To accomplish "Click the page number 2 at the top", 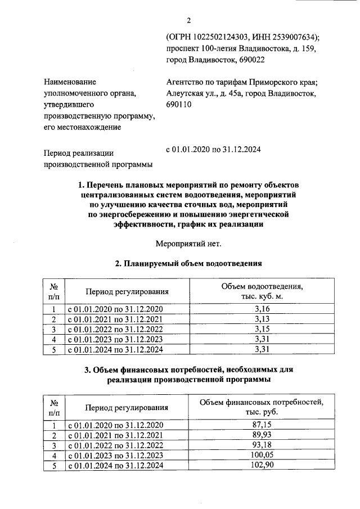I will point(189,21).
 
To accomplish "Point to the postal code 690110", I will point(179,105).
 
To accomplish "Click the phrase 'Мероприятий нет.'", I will point(188,244).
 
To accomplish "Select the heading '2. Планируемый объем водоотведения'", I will point(188,263).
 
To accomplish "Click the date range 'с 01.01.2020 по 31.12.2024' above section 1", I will point(213,150).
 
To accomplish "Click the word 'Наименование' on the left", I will point(70,82).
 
